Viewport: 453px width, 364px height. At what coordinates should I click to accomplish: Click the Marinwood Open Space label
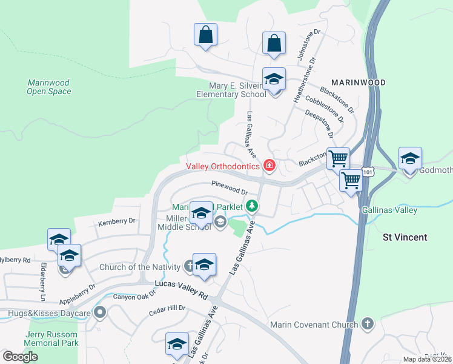pyautogui.click(x=49, y=87)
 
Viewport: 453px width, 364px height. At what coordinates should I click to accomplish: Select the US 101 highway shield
pyautogui.click(x=369, y=172)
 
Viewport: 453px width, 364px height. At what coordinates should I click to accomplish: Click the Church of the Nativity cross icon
pyautogui.click(x=189, y=266)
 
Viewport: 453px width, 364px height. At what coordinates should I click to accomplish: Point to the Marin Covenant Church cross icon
pyautogui.click(x=367, y=324)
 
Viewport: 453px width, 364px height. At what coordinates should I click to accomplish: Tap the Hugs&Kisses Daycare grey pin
pyautogui.click(x=101, y=313)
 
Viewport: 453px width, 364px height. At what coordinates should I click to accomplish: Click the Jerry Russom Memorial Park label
pyautogui.click(x=52, y=339)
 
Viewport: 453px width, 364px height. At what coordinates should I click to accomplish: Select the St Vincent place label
pyautogui.click(x=405, y=237)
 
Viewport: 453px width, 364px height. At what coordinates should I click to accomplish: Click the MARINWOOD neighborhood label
pyautogui.click(x=358, y=82)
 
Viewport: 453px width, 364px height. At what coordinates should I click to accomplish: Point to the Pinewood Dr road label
pyautogui.click(x=230, y=187)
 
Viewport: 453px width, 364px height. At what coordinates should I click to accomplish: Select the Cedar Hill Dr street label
pyautogui.click(x=168, y=312)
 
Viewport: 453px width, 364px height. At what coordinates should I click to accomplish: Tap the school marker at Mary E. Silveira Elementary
pyautogui.click(x=274, y=80)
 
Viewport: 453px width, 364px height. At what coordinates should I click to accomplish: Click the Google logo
pyautogui.click(x=20, y=357)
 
